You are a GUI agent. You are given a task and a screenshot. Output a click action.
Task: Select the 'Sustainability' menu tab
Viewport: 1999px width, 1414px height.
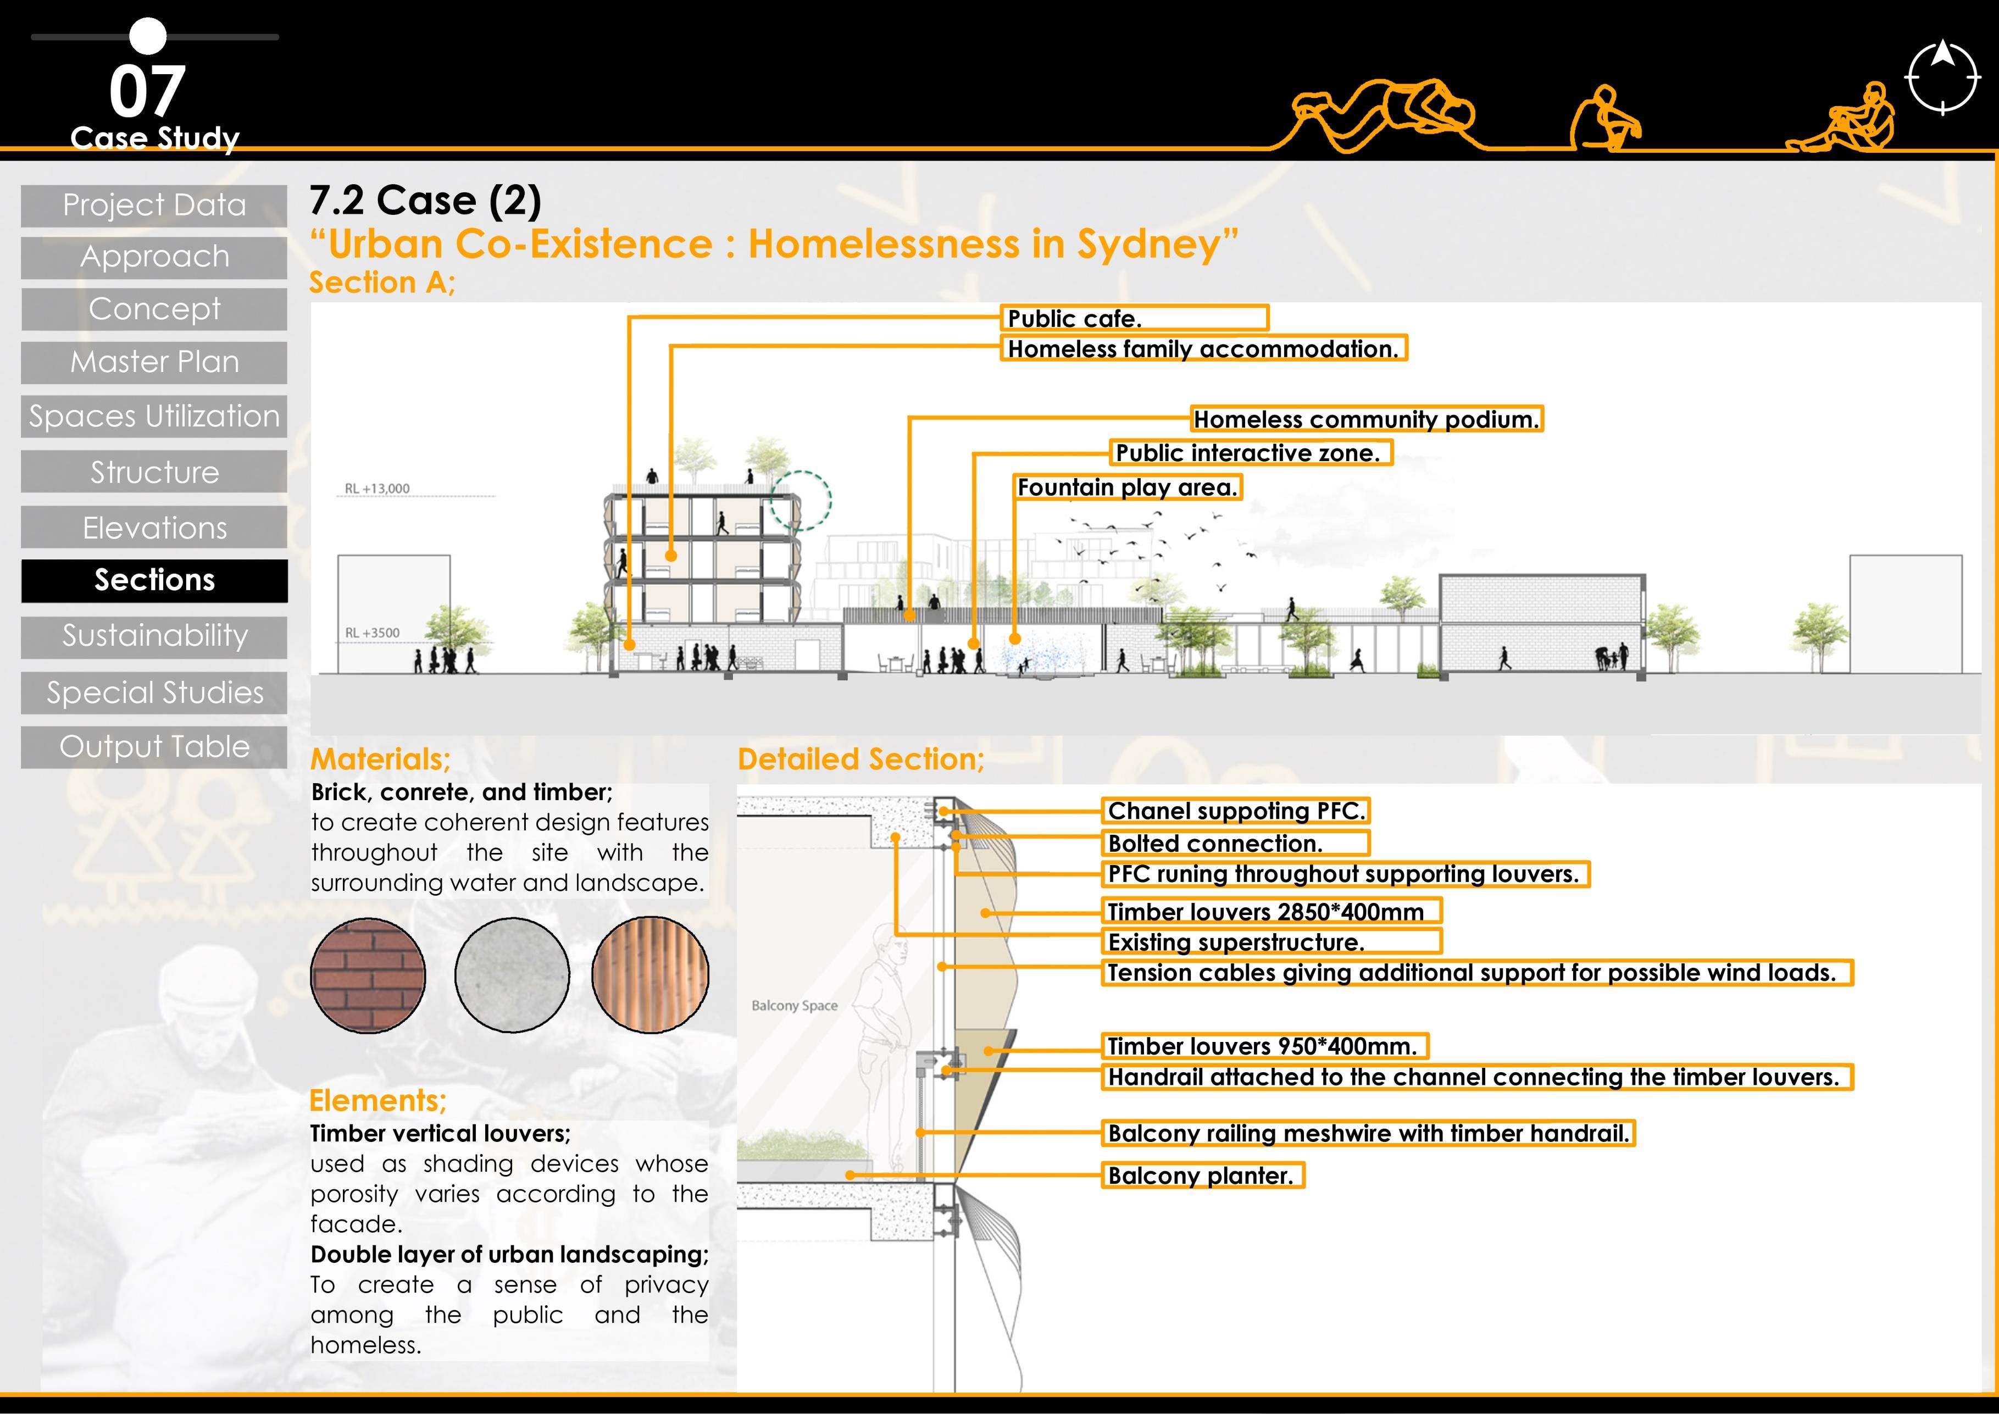pyautogui.click(x=154, y=636)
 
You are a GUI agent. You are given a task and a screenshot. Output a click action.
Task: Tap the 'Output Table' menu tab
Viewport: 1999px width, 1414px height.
pyautogui.click(x=154, y=747)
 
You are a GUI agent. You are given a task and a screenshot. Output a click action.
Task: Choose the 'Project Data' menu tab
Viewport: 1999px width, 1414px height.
pyautogui.click(x=154, y=206)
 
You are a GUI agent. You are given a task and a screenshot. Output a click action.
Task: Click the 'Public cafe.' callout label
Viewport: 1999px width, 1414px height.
pyautogui.click(x=1134, y=319)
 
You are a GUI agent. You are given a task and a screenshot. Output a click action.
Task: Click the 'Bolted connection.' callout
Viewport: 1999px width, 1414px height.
pyautogui.click(x=1235, y=844)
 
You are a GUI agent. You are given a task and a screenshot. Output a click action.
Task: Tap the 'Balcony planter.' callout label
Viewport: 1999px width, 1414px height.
pyautogui.click(x=1202, y=1176)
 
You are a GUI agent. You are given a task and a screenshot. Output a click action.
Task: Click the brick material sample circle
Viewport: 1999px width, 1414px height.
pyautogui.click(x=368, y=975)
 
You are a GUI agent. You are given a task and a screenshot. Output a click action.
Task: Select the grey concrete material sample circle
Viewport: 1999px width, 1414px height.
pyautogui.click(x=512, y=975)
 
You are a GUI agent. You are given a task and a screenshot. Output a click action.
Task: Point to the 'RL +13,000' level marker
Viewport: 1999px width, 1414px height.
pyautogui.click(x=377, y=489)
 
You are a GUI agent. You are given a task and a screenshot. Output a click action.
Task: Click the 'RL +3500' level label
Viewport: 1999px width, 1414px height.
pyautogui.click(x=373, y=633)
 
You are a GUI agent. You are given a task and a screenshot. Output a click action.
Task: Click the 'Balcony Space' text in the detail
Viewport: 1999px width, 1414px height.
pyautogui.click(x=794, y=1006)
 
